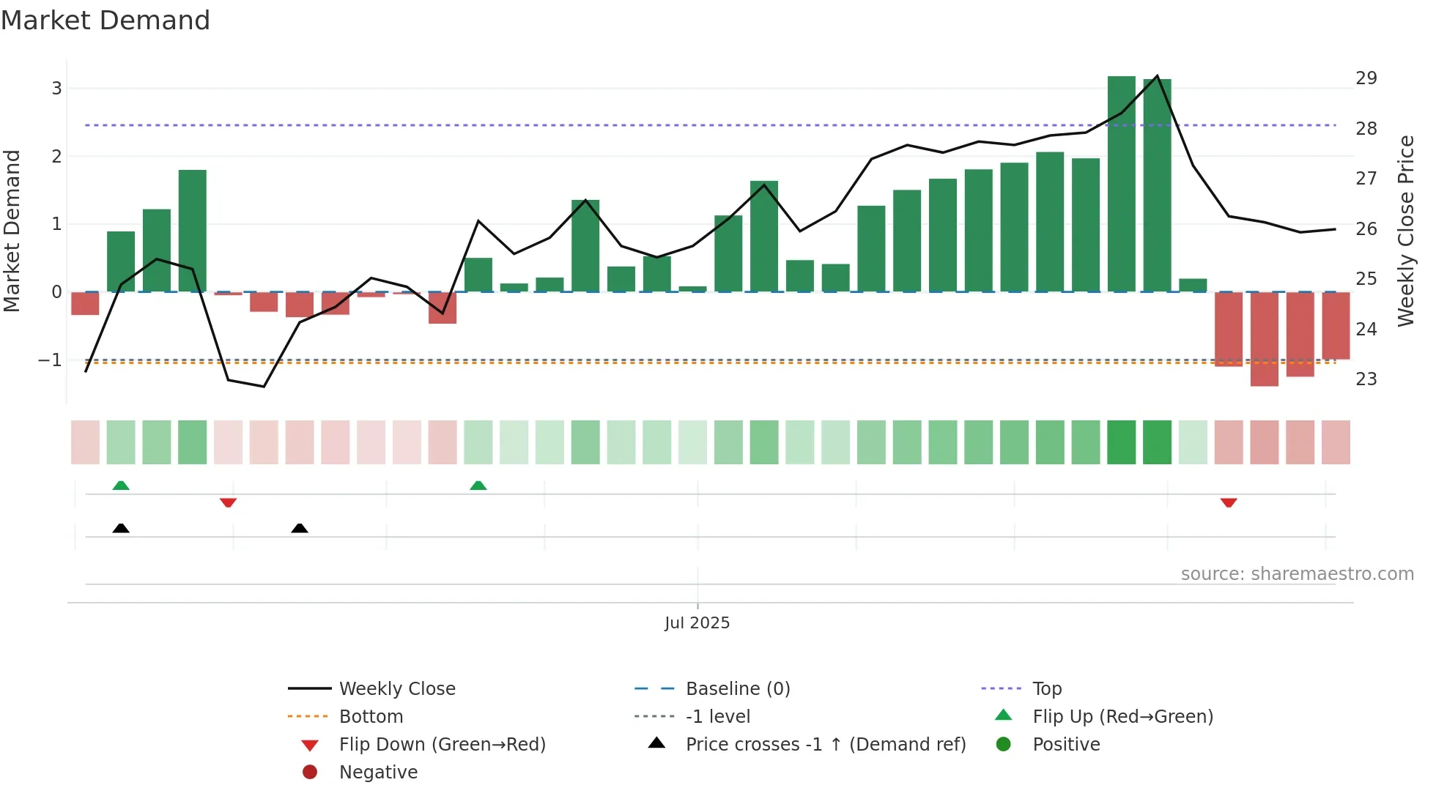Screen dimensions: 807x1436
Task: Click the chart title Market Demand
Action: tap(106, 21)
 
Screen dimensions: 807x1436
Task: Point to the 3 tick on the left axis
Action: tap(56, 89)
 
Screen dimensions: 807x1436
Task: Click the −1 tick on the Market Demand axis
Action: tap(50, 360)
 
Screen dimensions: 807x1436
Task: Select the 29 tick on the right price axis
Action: tap(1366, 78)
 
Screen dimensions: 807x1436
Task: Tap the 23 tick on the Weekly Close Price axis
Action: tap(1366, 379)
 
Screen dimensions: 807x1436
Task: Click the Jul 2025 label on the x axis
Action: tap(697, 623)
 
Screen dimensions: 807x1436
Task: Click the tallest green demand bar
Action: tap(1121, 183)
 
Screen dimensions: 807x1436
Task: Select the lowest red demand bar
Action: tap(1264, 339)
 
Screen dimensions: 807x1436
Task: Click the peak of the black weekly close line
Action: tap(1157, 76)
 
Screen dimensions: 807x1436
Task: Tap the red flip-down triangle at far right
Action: tap(1229, 502)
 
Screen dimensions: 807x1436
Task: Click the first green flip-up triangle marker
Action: tap(121, 486)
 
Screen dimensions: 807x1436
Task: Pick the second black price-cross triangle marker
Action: tap(299, 528)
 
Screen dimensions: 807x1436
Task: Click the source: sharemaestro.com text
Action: tap(1297, 574)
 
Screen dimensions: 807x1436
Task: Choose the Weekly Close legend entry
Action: tap(396, 689)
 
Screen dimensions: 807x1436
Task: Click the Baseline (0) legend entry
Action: tap(737, 689)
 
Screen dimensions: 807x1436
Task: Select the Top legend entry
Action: tap(1046, 689)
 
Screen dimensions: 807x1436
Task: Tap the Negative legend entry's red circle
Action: tap(310, 773)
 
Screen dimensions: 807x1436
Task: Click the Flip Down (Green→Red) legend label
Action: tap(442, 745)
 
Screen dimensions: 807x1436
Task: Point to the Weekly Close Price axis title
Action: tap(1405, 231)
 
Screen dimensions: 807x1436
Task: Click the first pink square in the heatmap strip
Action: tap(85, 442)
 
